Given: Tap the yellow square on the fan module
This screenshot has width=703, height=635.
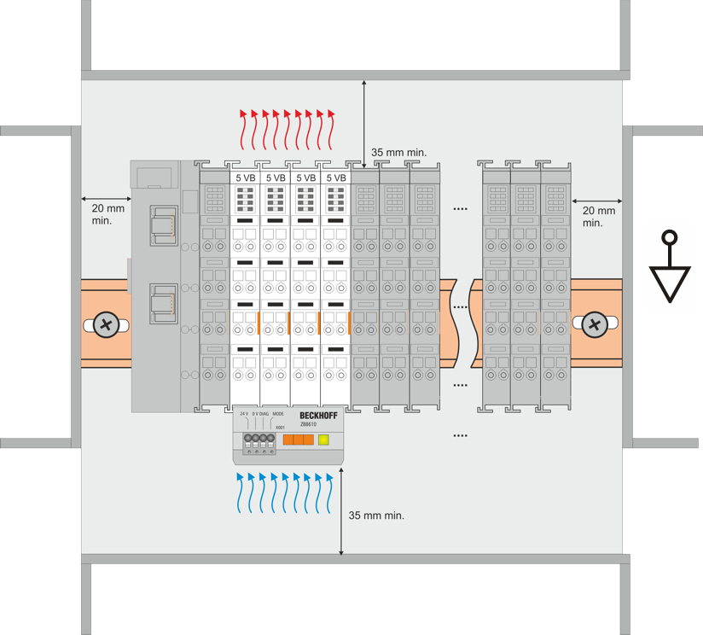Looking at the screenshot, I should click(323, 440).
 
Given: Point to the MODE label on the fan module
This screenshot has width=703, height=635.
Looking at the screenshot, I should click(278, 414).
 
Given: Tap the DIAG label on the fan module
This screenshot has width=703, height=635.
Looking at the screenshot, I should click(264, 414).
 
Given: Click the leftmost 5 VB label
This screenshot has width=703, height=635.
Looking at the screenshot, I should click(245, 178).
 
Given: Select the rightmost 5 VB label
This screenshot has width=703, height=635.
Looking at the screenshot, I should click(336, 178).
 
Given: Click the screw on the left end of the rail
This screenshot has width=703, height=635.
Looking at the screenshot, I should click(106, 324).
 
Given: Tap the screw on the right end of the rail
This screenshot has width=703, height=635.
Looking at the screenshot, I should click(594, 324).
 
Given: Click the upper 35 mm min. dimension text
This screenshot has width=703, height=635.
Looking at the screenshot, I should click(398, 153).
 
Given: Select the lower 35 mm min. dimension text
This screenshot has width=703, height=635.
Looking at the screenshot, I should click(376, 516).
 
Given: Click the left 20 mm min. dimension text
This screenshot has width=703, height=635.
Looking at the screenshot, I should click(107, 213).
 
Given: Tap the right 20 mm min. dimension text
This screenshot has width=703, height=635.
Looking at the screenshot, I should click(598, 216).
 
